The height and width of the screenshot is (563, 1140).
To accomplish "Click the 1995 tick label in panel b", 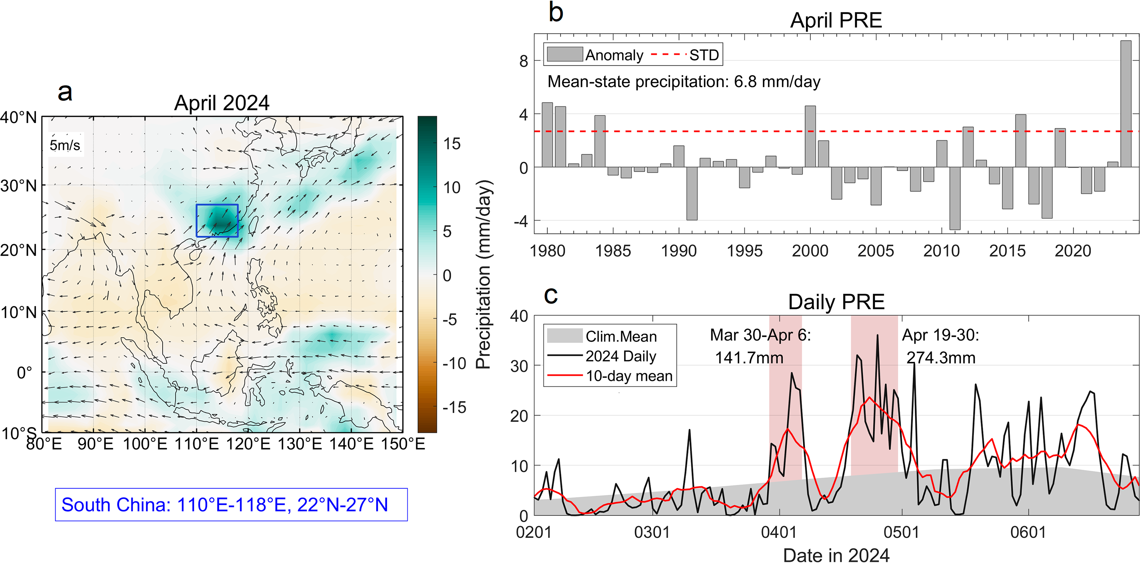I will click(x=744, y=251).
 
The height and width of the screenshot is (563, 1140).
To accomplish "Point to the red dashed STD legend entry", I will click(x=686, y=55).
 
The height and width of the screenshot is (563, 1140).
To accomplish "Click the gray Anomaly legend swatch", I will click(x=565, y=55).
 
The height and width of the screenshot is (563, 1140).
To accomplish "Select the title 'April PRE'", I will click(x=836, y=20).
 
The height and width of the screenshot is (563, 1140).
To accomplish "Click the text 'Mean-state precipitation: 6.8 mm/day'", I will click(x=684, y=82).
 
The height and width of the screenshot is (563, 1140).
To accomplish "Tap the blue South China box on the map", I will click(x=217, y=220).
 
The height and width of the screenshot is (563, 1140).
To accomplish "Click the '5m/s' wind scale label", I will click(x=65, y=145).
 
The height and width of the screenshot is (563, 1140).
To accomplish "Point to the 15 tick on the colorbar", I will click(x=452, y=144).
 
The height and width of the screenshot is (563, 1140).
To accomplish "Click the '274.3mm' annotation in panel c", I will click(x=941, y=358).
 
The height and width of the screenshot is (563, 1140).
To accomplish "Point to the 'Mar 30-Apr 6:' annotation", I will click(x=760, y=335).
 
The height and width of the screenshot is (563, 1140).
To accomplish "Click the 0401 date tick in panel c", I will click(x=779, y=532).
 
